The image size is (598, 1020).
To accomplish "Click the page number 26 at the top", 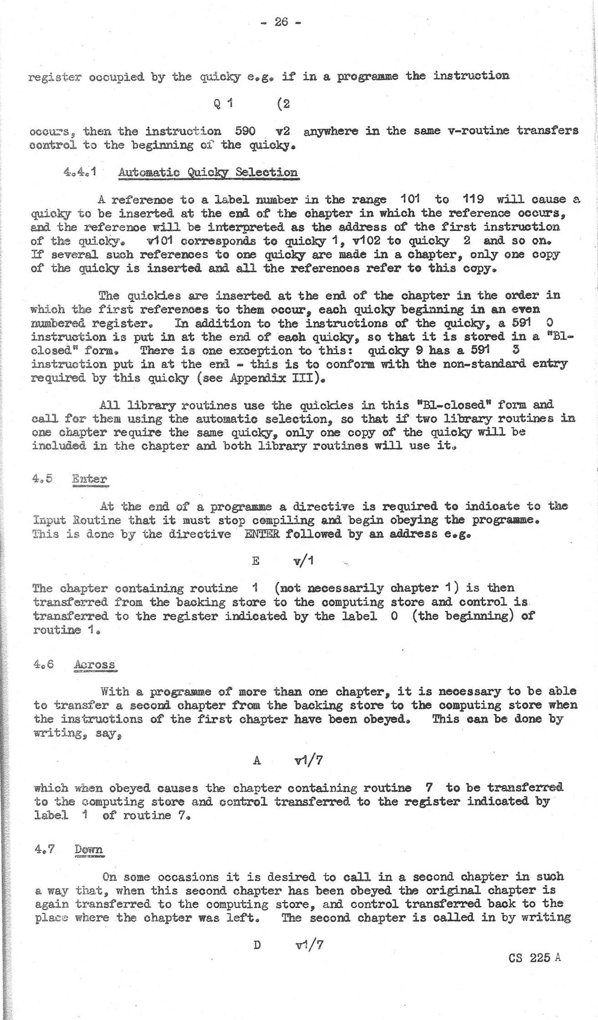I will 281,21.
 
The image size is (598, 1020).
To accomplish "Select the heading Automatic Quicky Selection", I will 208,173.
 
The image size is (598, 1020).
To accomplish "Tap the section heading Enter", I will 89,479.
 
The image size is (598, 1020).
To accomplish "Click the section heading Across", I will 94,665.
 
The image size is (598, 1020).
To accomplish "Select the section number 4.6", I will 44,664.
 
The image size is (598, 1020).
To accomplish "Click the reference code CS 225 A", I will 534,958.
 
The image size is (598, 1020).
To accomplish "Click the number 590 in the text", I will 245,131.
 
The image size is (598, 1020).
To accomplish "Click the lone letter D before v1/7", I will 257,945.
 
